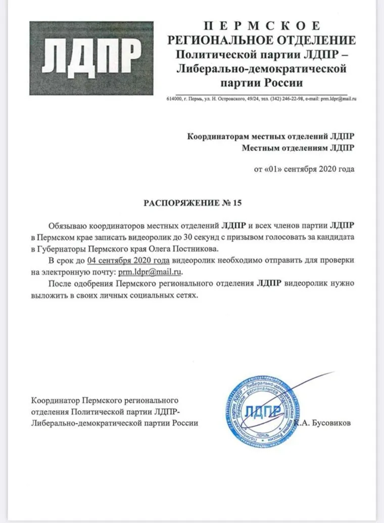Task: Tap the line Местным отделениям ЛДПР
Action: [x=298, y=148]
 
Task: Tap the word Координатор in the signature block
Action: [x=56, y=400]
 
